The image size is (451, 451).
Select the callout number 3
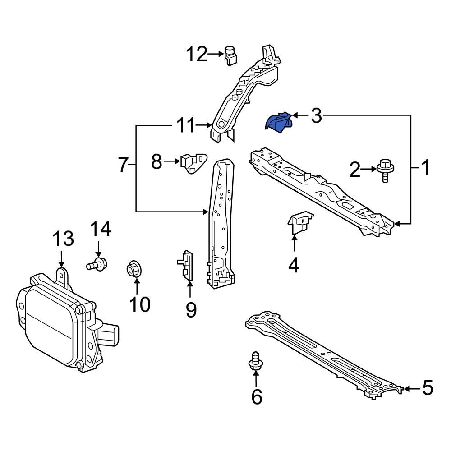316,116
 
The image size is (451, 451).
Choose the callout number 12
197,55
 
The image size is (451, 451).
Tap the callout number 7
123,166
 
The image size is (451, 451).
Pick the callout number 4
294,265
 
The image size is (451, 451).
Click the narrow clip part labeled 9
187,266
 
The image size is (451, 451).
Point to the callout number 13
63,239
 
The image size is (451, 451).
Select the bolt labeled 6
255,362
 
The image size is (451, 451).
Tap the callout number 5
427,387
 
